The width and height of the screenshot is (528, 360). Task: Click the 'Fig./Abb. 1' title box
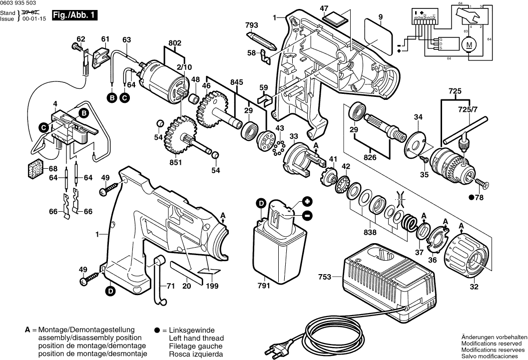coord(74,15)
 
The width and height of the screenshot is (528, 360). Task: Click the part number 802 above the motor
coord(175,43)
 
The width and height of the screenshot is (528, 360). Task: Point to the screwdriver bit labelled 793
coord(262,40)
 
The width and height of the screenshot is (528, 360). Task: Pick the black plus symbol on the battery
coord(307,202)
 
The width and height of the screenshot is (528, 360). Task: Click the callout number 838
coord(370,232)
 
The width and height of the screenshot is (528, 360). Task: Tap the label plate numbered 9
coord(378,36)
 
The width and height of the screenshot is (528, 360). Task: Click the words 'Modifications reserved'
coord(491,344)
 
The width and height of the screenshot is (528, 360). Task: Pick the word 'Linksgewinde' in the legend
coord(192,330)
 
